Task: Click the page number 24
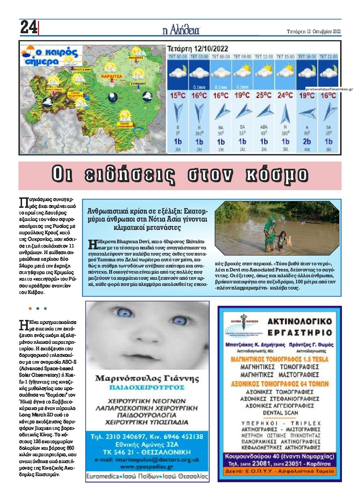(28, 27)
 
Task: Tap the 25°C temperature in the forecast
(263, 96)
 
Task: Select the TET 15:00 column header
(285, 57)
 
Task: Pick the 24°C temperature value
(285, 96)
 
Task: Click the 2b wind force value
(307, 141)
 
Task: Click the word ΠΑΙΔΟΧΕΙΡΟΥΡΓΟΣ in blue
(147, 387)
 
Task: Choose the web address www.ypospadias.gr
(147, 466)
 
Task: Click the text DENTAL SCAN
(280, 412)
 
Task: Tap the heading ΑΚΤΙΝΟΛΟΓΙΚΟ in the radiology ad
(299, 321)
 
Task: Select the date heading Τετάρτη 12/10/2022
(197, 48)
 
